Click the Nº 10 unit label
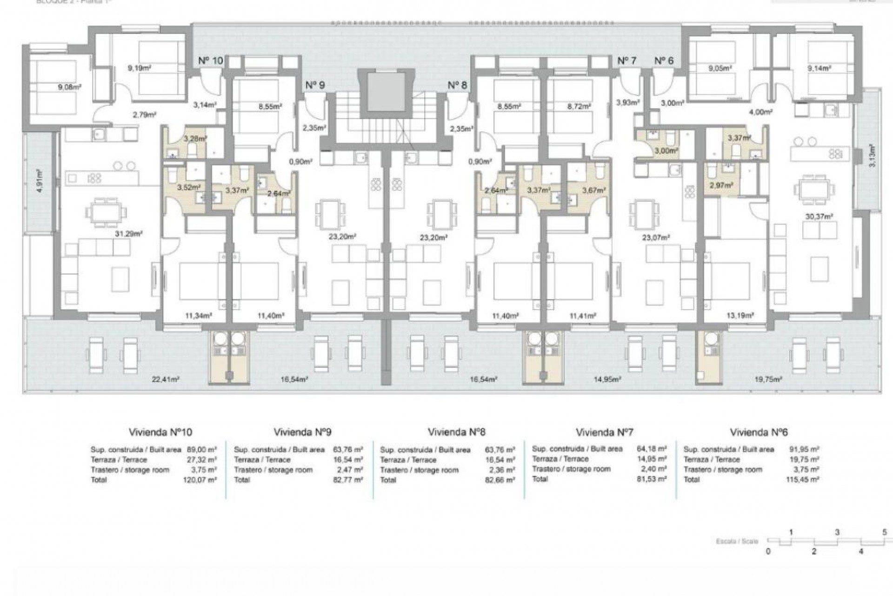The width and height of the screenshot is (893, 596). pos(210,61)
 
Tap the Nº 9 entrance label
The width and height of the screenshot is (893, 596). pos(315,85)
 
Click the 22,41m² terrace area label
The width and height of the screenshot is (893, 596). pos(166,379)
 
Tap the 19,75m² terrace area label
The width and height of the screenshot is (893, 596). pos(768,379)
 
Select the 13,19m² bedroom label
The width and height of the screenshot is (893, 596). pos(740,316)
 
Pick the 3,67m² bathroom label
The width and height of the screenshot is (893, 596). pos(594,190)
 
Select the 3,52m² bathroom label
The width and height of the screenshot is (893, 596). pos(188,188)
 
